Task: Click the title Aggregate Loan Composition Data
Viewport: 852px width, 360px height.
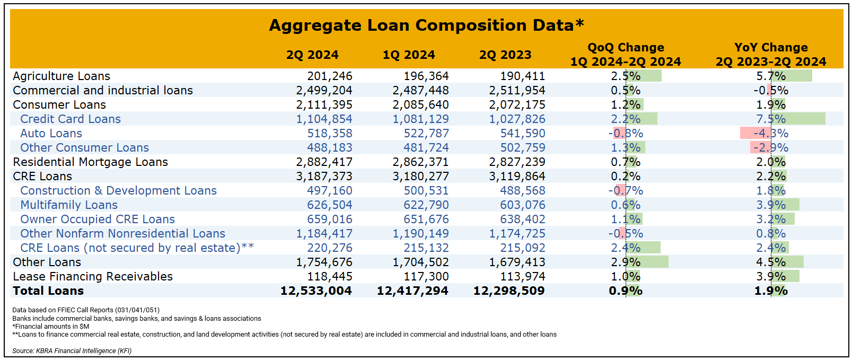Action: click(426, 25)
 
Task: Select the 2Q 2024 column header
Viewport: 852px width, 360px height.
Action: click(312, 55)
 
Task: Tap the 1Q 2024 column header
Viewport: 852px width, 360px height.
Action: click(409, 55)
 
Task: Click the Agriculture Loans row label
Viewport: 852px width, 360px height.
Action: click(62, 76)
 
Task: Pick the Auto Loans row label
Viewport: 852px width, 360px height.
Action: click(51, 134)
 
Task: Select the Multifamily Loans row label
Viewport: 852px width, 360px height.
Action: click(69, 205)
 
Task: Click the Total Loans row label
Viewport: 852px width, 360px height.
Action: click(48, 291)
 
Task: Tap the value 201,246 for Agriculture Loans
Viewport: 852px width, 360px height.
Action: click(330, 76)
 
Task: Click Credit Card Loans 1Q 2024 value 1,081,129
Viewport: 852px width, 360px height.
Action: click(420, 119)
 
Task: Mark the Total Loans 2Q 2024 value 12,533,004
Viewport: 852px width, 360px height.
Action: click(316, 291)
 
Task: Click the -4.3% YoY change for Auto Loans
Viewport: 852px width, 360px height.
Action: click(771, 134)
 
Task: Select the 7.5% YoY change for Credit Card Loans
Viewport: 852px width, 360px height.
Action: click(771, 119)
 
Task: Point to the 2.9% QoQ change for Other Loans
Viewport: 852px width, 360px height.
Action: click(626, 262)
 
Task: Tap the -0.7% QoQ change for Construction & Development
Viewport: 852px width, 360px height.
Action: click(626, 191)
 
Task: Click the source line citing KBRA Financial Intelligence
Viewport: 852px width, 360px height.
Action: click(72, 351)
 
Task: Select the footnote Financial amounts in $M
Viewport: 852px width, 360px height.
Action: click(51, 327)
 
